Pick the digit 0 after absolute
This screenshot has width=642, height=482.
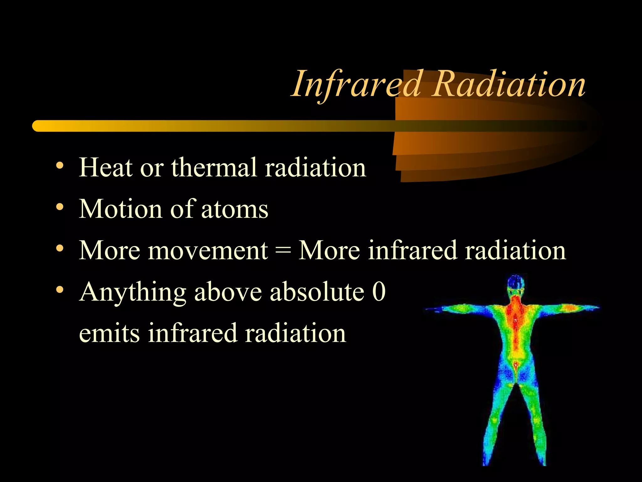(x=379, y=292)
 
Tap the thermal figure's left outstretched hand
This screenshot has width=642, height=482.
(x=434, y=309)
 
